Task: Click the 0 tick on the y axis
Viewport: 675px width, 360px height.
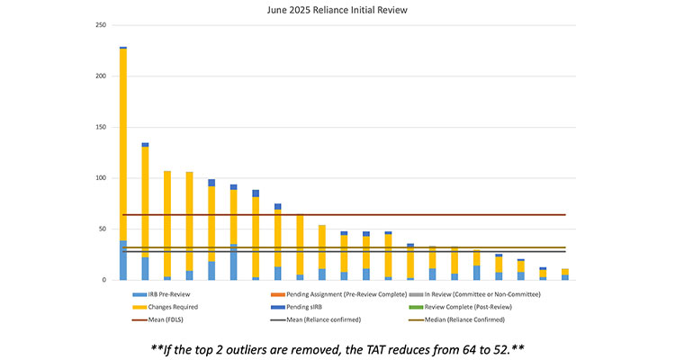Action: click(104, 280)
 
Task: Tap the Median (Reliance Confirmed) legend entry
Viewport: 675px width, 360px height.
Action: click(472, 319)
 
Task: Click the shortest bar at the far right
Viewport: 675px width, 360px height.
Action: click(565, 274)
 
